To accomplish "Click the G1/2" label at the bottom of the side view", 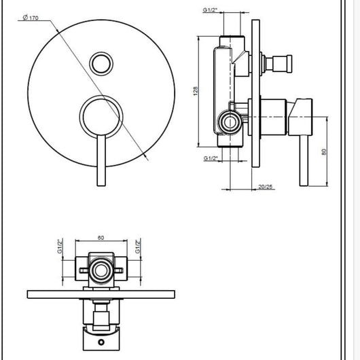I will pos(212,158).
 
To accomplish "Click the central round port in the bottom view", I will pos(102,272).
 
